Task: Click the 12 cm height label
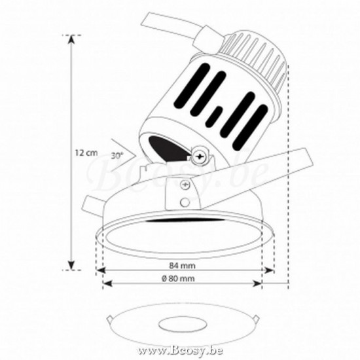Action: [x=86, y=153]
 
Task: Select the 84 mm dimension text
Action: [x=183, y=266]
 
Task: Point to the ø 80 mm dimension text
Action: [x=178, y=278]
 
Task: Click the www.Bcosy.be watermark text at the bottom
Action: [x=180, y=351]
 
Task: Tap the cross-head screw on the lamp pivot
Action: [x=199, y=156]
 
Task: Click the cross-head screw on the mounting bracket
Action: [x=185, y=185]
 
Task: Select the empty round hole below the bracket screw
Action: [x=185, y=202]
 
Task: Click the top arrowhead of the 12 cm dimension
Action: [x=72, y=39]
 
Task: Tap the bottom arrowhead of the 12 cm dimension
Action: [x=72, y=266]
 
